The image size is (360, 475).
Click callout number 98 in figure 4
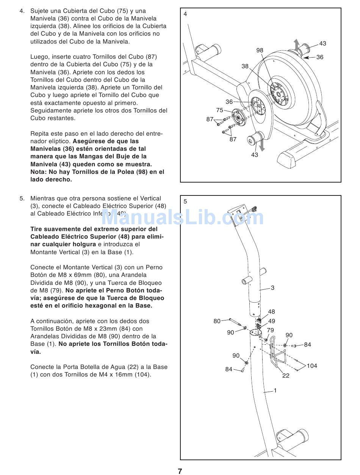(x=260, y=50)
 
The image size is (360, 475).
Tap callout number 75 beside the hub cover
(x=220, y=110)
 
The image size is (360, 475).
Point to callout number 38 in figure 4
(x=245, y=66)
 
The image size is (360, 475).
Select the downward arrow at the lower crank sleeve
(x=261, y=146)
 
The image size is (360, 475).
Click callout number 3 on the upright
(x=272, y=288)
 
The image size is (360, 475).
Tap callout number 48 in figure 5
(x=271, y=312)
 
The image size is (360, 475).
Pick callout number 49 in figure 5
(x=271, y=321)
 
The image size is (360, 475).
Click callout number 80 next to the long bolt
(x=217, y=321)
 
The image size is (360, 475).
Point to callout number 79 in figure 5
(x=270, y=330)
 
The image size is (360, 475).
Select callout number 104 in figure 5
(x=312, y=366)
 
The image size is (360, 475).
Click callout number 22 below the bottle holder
(x=286, y=376)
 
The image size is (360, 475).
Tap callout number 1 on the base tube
(x=275, y=391)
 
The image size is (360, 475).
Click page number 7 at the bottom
(x=180, y=471)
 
